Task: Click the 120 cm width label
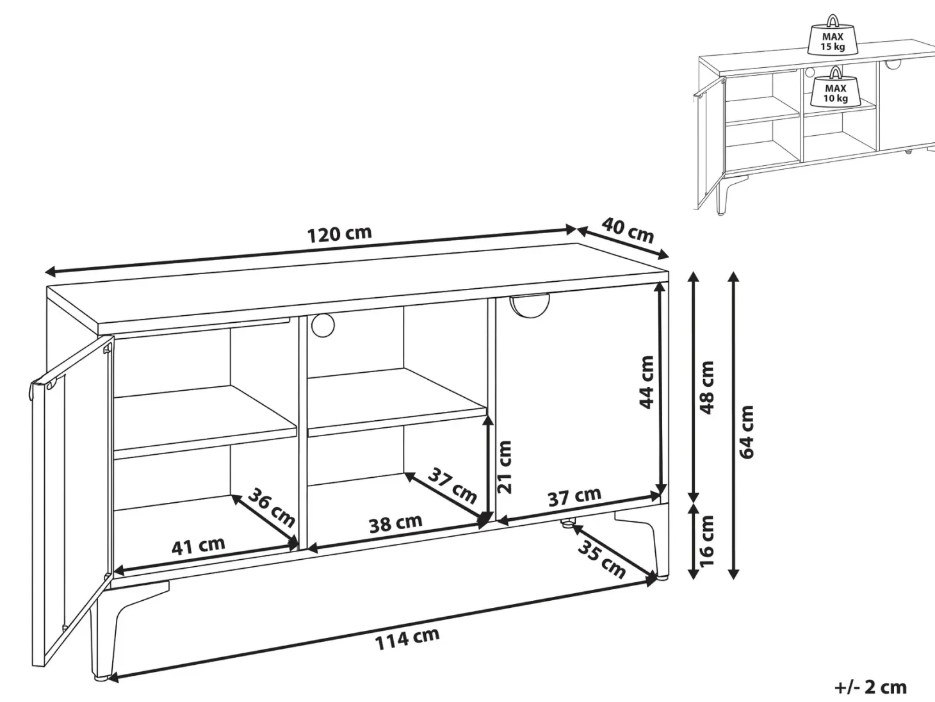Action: coord(339,234)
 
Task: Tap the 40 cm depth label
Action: coord(628,230)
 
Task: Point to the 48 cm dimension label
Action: coord(706,388)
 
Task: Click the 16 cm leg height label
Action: coord(706,541)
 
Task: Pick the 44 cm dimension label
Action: coord(647,382)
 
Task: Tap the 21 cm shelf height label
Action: coord(505,467)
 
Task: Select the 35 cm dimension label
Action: coord(601,559)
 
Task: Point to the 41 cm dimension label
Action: coord(198,546)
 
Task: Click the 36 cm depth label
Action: coord(272,508)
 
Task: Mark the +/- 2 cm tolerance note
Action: coord(871,687)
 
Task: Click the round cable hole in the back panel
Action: coord(323,326)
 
